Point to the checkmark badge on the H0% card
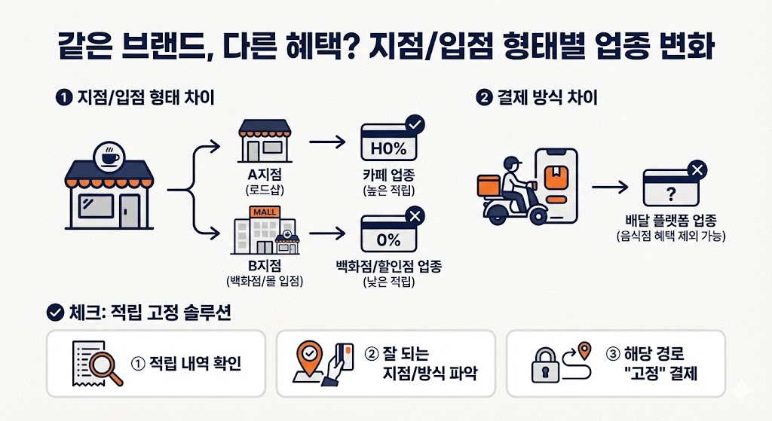coord(414,123)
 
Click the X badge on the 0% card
coord(414,218)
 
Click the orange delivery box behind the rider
coord(488,184)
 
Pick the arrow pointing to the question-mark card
coord(610,185)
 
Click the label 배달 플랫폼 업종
coord(671,221)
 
